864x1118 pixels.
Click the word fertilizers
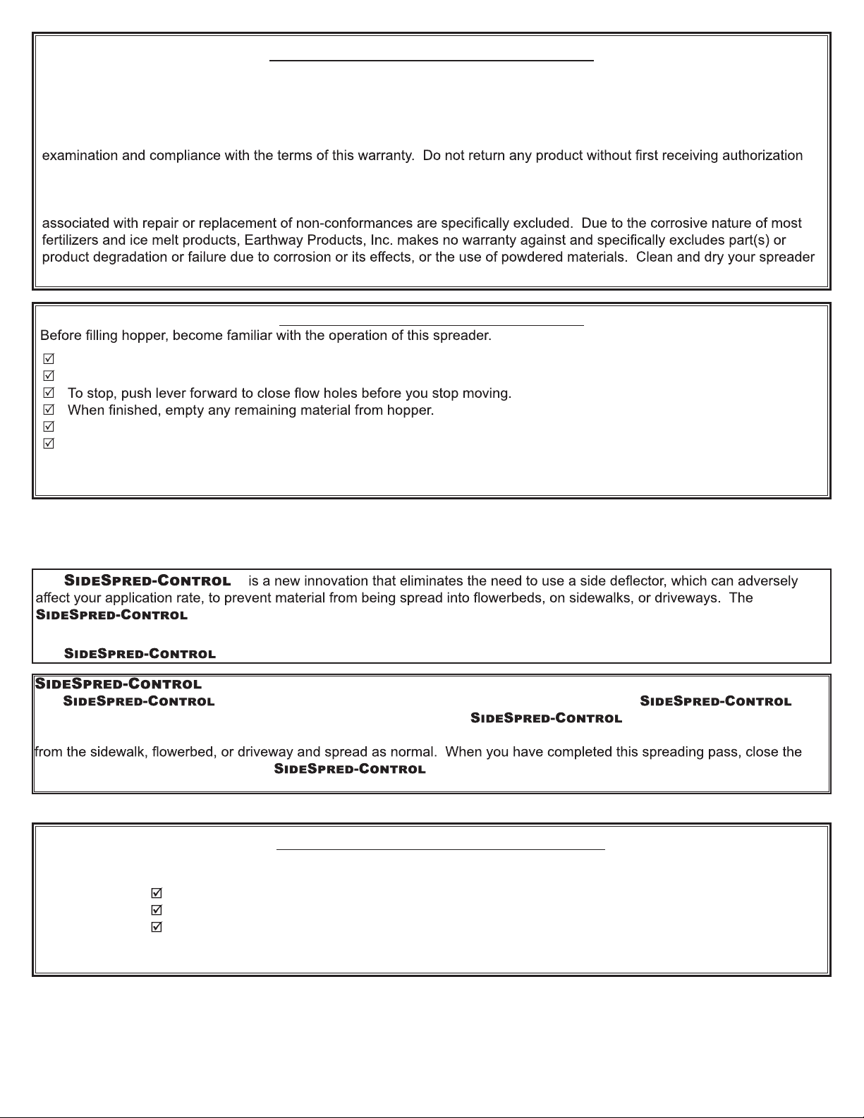point(70,241)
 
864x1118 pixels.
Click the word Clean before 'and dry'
point(655,257)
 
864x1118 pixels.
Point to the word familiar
point(248,336)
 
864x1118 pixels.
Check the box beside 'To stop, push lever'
point(49,393)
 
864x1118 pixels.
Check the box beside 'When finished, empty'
point(49,410)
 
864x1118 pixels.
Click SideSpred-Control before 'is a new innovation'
point(147,581)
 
